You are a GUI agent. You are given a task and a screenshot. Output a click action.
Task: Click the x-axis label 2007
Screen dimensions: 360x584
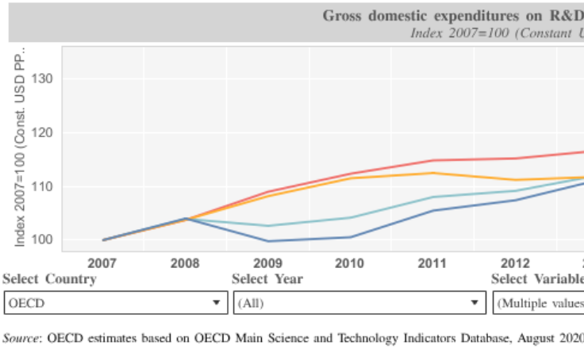pos(102,263)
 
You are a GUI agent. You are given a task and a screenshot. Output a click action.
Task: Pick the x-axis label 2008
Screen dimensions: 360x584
pos(185,263)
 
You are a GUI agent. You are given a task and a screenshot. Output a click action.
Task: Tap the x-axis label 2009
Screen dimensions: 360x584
pos(268,263)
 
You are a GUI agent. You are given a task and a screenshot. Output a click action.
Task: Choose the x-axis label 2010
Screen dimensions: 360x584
pos(351,263)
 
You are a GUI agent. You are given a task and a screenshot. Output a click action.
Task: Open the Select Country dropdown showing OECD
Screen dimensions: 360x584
pos(116,303)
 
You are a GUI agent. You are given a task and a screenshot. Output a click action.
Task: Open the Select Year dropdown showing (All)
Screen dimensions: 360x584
pos(359,303)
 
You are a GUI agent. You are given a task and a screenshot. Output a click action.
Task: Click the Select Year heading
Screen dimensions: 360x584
pos(267,279)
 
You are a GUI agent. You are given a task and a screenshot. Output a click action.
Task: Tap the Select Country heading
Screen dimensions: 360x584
pos(50,279)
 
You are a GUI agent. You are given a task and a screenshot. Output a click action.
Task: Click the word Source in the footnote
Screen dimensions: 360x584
pos(21,339)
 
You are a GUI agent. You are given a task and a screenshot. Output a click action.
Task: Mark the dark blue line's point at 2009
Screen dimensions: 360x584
pos(268,241)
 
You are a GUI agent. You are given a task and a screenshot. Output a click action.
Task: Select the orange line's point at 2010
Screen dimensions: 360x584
pos(351,178)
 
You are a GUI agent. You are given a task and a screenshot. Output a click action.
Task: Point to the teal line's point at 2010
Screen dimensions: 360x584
pos(351,217)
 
